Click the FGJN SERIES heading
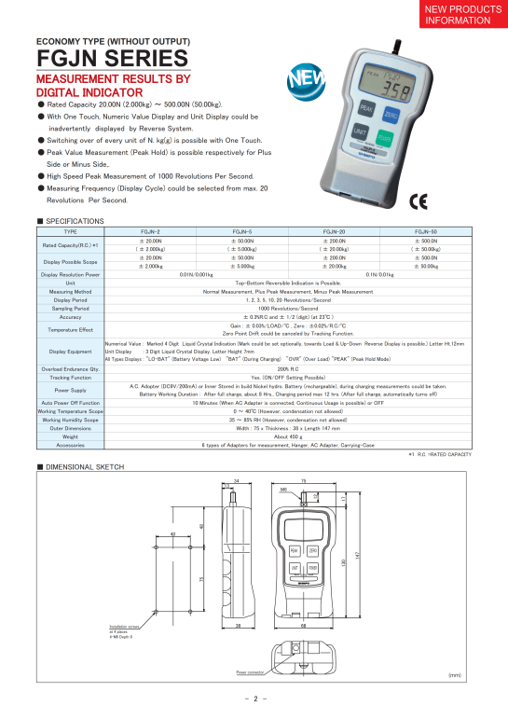tap(113, 59)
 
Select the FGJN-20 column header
tap(334, 230)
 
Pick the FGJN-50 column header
tap(425, 230)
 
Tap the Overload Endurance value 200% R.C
tap(289, 368)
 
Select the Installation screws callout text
tap(127, 627)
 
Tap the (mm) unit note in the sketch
tap(455, 674)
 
